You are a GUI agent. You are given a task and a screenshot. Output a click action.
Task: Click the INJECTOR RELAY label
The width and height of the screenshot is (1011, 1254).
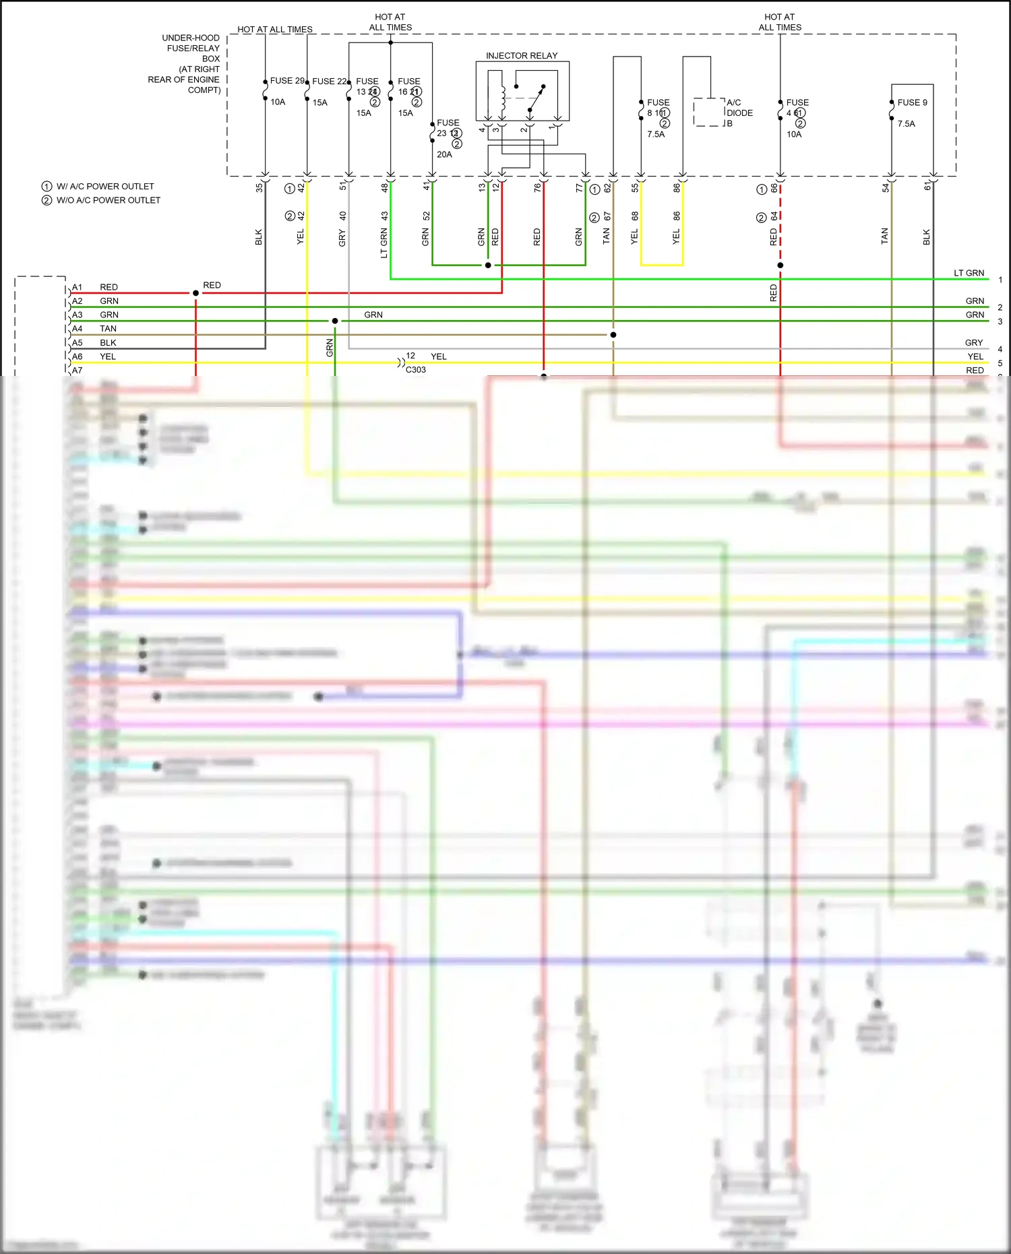tap(522, 56)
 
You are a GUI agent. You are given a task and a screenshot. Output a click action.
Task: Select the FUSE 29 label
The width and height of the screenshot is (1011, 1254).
tap(287, 81)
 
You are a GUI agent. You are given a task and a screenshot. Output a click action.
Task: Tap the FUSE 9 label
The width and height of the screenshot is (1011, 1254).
tap(912, 102)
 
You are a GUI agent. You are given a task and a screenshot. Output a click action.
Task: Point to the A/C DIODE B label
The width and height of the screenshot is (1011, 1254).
tap(739, 113)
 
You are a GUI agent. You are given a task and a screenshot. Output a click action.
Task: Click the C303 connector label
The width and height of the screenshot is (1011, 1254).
tap(416, 370)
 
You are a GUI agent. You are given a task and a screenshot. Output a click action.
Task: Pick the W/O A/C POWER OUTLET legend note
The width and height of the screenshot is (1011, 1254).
tap(108, 200)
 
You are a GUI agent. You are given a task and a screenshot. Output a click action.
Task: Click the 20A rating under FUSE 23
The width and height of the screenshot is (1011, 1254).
tap(444, 154)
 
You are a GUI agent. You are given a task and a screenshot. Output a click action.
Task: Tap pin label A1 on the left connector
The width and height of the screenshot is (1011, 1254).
tap(78, 287)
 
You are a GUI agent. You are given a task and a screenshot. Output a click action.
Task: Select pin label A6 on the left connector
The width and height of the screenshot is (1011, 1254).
tap(78, 356)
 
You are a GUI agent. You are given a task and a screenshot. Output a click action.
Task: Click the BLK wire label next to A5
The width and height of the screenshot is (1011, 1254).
tap(108, 342)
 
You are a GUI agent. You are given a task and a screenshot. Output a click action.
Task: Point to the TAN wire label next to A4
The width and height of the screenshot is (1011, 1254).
tap(108, 329)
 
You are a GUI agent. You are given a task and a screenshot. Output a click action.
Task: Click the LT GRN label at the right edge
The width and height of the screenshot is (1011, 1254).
tap(969, 273)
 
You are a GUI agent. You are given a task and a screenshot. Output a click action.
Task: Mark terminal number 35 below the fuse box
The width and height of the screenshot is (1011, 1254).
tap(259, 188)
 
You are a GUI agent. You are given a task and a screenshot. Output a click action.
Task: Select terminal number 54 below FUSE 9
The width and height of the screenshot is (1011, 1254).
tap(886, 188)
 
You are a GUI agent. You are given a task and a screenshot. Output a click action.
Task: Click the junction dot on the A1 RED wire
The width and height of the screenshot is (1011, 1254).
tap(196, 293)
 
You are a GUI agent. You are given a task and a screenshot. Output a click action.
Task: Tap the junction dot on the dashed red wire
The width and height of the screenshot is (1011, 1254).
tap(780, 265)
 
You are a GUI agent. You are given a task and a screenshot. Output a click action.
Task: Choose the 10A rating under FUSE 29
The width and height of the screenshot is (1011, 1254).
tap(278, 102)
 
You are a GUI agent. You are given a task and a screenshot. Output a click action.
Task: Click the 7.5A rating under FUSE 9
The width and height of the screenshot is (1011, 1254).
tap(906, 124)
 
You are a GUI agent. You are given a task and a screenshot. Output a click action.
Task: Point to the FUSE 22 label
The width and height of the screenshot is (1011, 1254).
tap(329, 82)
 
